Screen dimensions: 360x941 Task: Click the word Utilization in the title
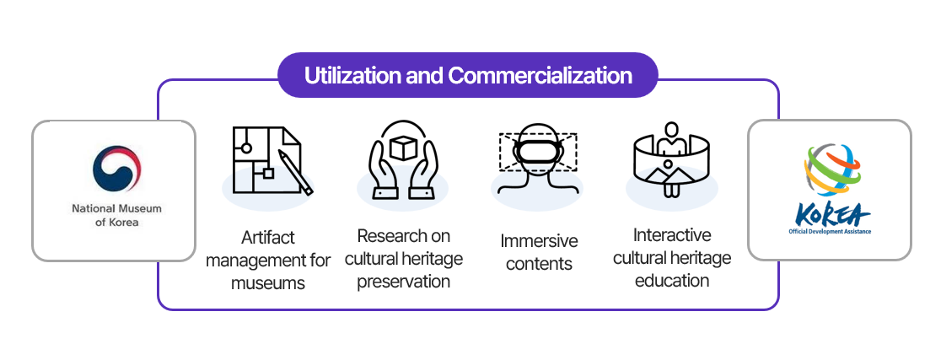352,76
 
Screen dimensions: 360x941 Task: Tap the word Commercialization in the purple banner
540,76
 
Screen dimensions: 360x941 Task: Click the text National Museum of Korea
116,215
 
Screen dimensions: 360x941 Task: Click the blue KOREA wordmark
830,215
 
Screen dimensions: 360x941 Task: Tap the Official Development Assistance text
830,230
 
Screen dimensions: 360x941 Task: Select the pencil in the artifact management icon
294,173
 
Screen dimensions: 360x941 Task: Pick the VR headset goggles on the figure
537,152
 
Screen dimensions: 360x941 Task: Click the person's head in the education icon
672,131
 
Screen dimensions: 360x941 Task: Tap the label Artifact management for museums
267,260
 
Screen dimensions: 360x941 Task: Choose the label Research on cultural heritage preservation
403,258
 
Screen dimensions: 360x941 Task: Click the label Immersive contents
538,252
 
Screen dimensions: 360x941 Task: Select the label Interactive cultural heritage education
672,257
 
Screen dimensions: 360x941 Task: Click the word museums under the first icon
267,283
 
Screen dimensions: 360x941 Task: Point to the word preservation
403,281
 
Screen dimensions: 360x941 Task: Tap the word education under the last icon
672,280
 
